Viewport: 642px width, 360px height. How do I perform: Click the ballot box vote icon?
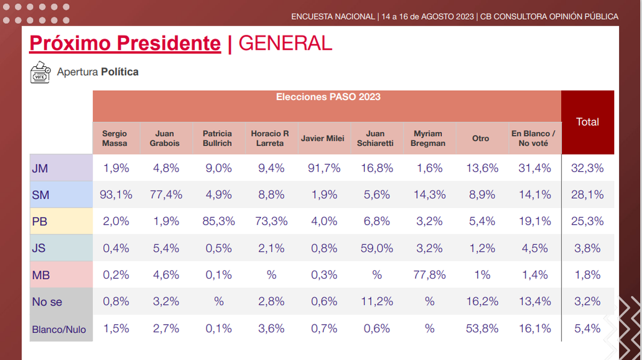pyautogui.click(x=40, y=72)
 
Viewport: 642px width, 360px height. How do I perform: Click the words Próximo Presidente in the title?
pyautogui.click(x=125, y=43)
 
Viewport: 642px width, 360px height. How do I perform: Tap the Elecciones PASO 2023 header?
pyautogui.click(x=328, y=97)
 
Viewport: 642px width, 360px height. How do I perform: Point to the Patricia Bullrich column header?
pyautogui.click(x=217, y=139)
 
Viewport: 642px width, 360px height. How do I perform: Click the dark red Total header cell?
pyautogui.click(x=587, y=122)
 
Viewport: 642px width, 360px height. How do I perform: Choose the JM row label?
pyautogui.click(x=40, y=168)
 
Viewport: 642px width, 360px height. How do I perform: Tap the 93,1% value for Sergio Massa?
pyautogui.click(x=116, y=195)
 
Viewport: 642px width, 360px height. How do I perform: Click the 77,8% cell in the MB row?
pyautogui.click(x=429, y=275)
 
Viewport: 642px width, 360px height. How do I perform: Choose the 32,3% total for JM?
pyautogui.click(x=587, y=168)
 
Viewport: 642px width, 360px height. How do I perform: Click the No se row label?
pyautogui.click(x=47, y=302)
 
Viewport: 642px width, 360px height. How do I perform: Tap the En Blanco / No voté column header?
pyautogui.click(x=533, y=139)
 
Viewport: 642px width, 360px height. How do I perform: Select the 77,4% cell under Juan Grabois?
pyautogui.click(x=165, y=195)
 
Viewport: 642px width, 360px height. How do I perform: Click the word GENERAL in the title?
pyautogui.click(x=286, y=43)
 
